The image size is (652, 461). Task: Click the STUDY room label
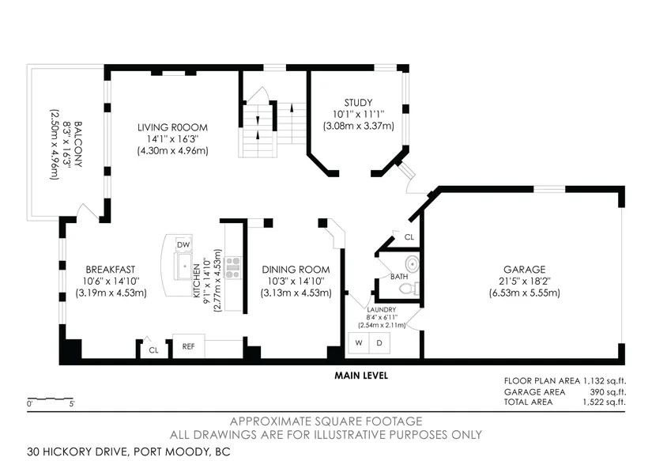click(358, 102)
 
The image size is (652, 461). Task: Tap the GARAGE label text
click(524, 270)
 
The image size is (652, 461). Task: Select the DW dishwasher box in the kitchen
click(183, 244)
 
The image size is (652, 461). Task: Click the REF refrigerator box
click(188, 346)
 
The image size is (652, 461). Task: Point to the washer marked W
click(359, 343)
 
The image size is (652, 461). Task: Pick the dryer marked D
click(379, 343)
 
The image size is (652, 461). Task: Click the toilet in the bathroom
click(409, 288)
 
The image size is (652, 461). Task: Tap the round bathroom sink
click(412, 263)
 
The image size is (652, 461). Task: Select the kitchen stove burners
click(232, 267)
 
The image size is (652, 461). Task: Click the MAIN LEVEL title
click(361, 376)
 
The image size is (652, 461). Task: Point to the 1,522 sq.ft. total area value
click(604, 402)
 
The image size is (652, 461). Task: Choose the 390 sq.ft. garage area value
click(608, 392)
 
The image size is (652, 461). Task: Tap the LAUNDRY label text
click(381, 309)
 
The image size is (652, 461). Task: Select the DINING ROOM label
click(296, 270)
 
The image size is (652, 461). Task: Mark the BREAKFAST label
click(110, 270)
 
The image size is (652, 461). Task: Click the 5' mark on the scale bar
click(72, 404)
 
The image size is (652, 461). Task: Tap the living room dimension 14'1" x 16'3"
click(172, 139)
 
